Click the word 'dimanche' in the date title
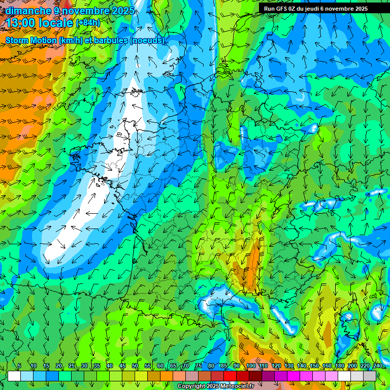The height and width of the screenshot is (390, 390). point(27,11)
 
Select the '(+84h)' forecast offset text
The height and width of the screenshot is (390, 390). point(88,23)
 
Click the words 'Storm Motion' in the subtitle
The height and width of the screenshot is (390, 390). point(30,40)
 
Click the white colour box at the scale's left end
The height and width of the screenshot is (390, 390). point(14,376)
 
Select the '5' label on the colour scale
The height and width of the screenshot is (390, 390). point(19,366)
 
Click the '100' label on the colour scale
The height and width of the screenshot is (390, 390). point(250,366)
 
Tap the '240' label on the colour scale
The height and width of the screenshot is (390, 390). point(378,366)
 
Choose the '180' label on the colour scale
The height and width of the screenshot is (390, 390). point(339,366)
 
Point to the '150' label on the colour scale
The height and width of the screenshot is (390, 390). point(314,366)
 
